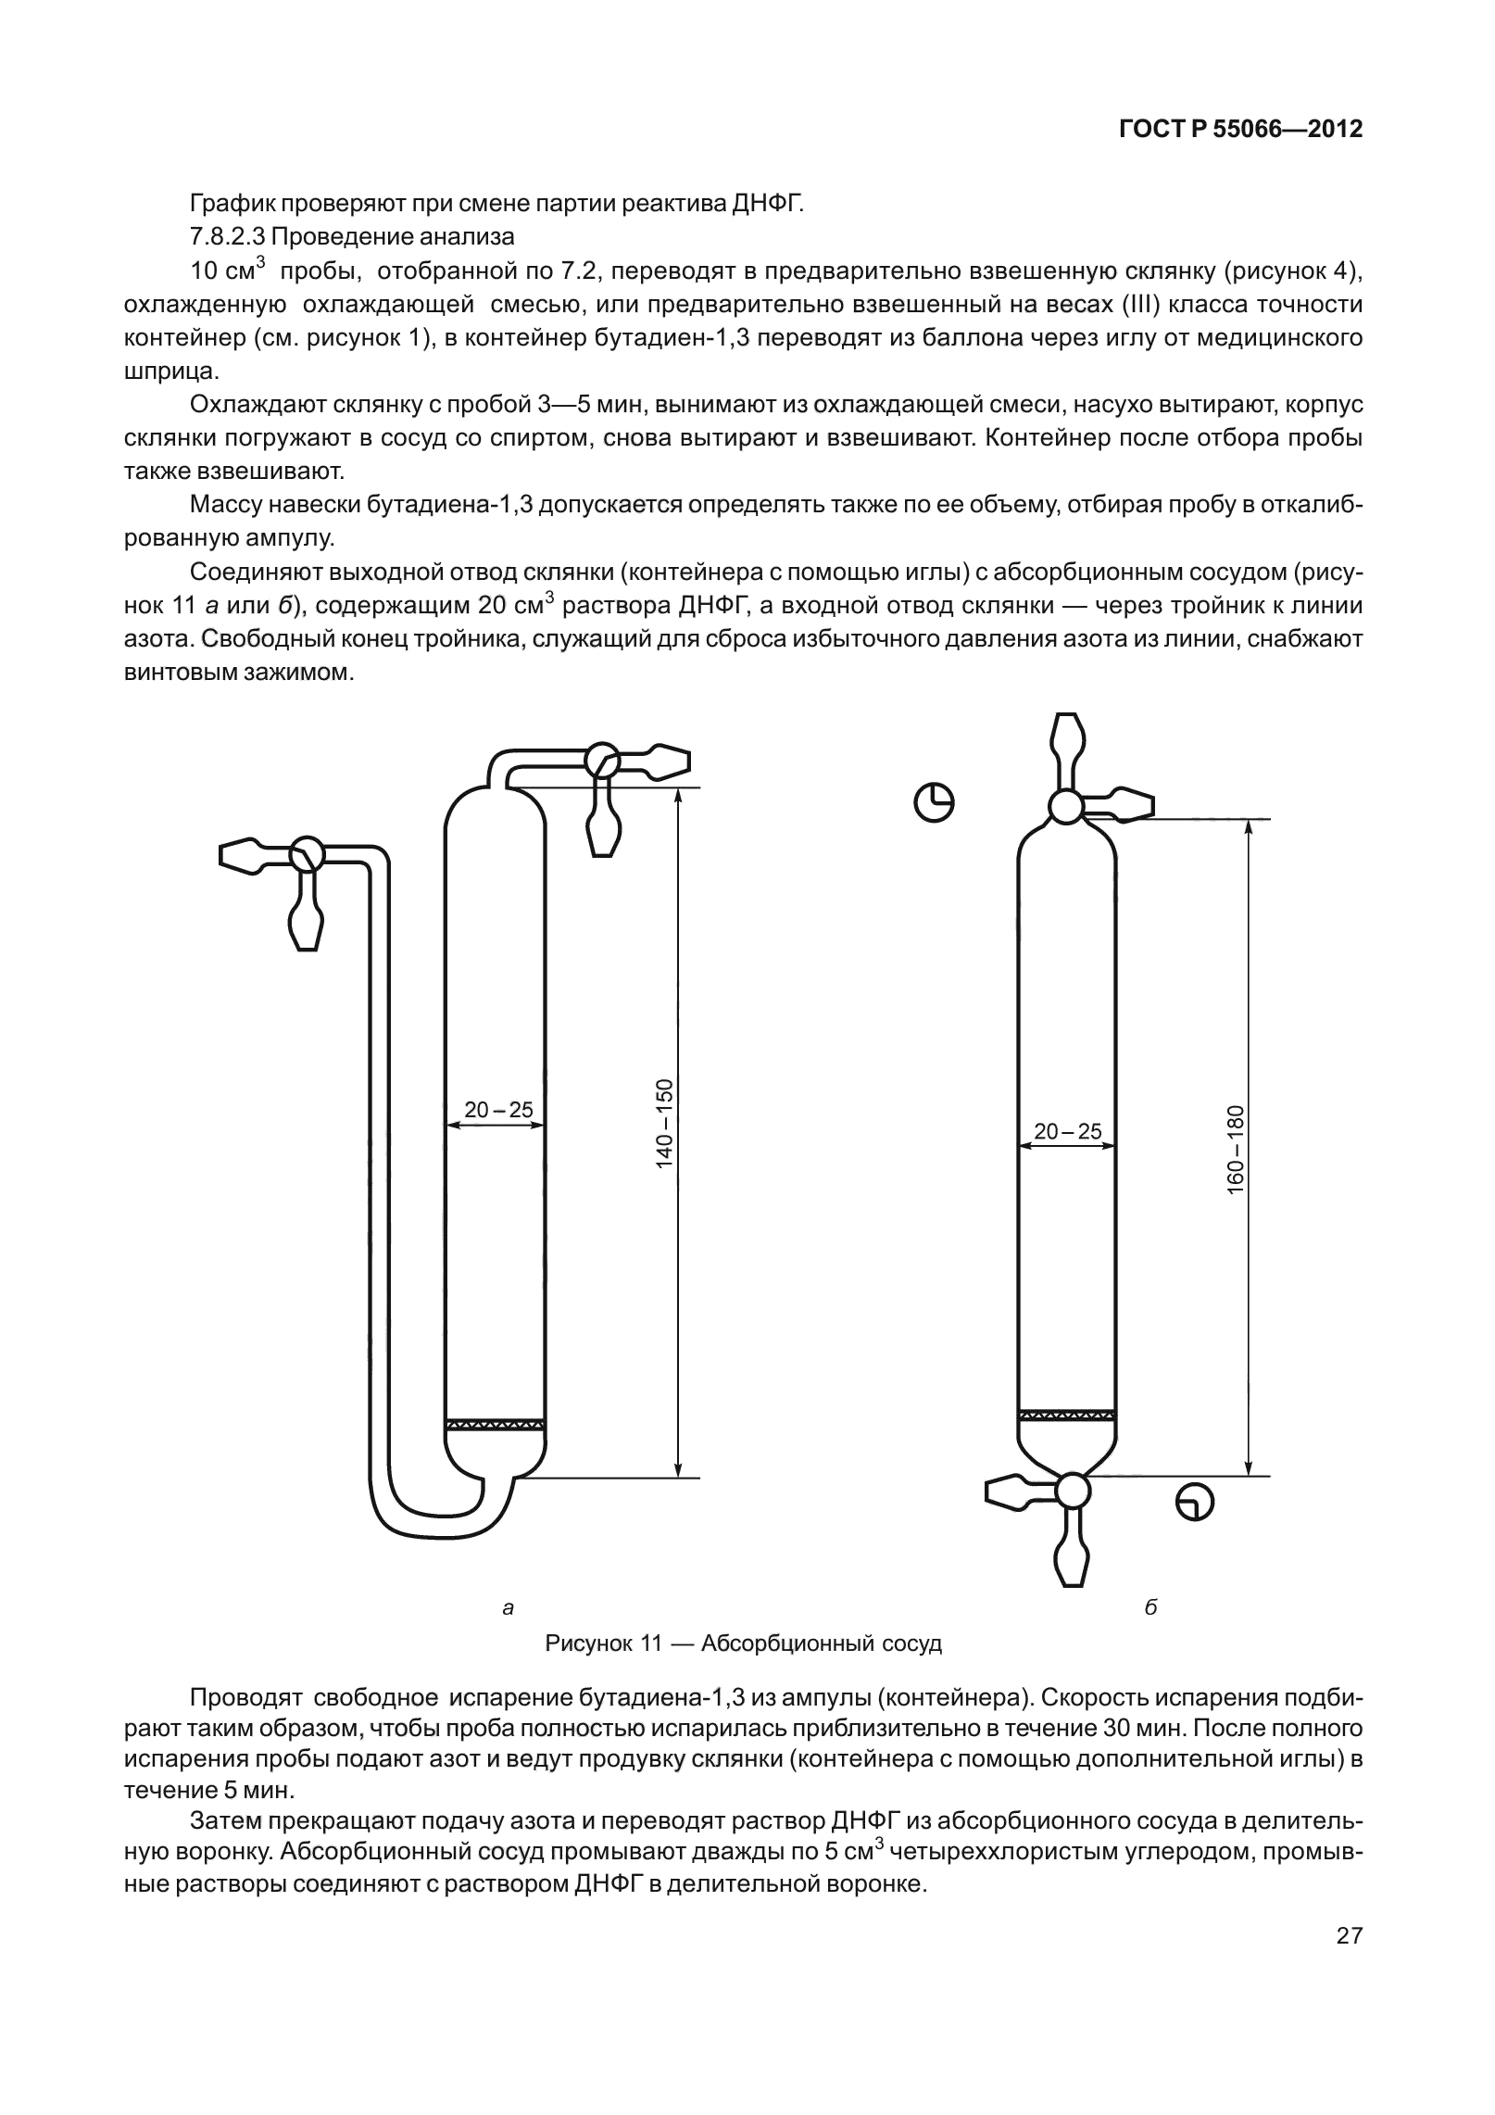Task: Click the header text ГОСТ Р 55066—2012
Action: (x=1240, y=130)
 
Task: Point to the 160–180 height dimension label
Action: (x=1236, y=1150)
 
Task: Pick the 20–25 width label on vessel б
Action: (x=1067, y=1130)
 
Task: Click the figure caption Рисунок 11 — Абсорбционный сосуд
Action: (x=743, y=1643)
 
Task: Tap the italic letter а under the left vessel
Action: (x=507, y=1608)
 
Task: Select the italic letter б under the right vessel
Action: (x=1150, y=1608)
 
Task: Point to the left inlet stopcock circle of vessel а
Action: (x=307, y=853)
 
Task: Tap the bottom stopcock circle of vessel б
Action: (x=1073, y=1491)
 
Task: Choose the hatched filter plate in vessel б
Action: (x=1066, y=1414)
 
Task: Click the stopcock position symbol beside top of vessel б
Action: (x=935, y=802)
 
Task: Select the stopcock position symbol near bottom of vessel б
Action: (x=1194, y=1501)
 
